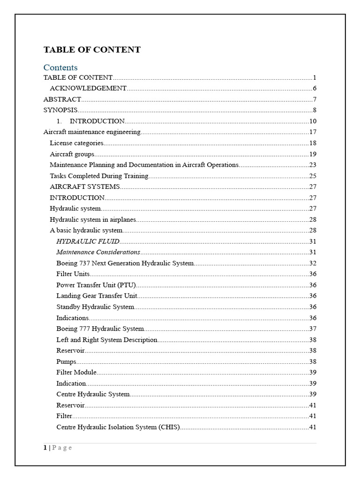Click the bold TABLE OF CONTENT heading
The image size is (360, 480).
[x=92, y=50]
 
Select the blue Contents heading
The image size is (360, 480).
[x=60, y=67]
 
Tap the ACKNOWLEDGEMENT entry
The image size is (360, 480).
[x=88, y=88]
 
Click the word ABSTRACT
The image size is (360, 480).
[x=62, y=99]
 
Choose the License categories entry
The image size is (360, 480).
[x=76, y=143]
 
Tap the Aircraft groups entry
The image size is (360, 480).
[x=72, y=154]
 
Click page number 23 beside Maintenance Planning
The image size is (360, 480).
[x=313, y=165]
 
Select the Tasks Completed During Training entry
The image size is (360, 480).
[x=99, y=176]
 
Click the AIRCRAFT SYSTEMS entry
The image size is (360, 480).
[x=85, y=187]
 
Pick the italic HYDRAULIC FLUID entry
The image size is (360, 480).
[x=88, y=241]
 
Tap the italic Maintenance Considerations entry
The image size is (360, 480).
[x=98, y=252]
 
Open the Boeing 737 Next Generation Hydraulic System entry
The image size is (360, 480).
[x=125, y=263]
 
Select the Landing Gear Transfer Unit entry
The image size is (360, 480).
[x=97, y=296]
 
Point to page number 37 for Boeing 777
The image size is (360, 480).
[x=313, y=329]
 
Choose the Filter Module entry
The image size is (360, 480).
[x=76, y=372]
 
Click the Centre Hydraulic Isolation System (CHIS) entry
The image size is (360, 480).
[x=118, y=427]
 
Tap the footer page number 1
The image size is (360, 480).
[x=45, y=448]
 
